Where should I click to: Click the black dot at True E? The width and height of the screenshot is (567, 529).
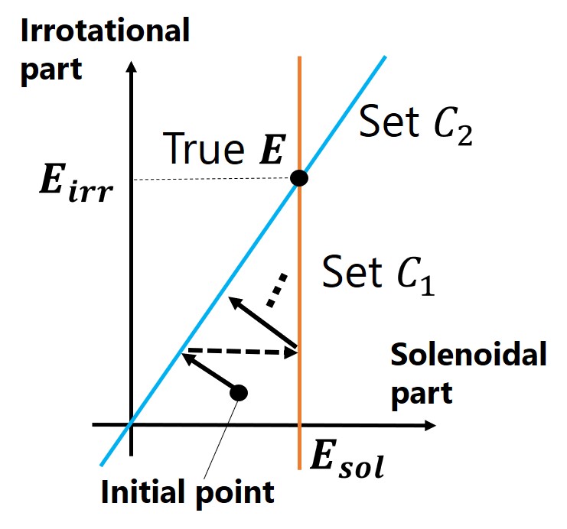(299, 178)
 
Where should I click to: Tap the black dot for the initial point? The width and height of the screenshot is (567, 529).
(239, 392)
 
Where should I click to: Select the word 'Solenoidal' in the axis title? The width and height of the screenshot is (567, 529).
(469, 355)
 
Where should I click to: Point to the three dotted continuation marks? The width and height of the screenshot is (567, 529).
(277, 289)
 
